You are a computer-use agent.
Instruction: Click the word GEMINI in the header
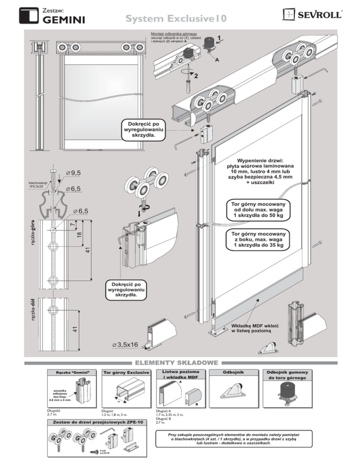63,19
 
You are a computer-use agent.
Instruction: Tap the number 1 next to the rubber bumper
220,39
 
